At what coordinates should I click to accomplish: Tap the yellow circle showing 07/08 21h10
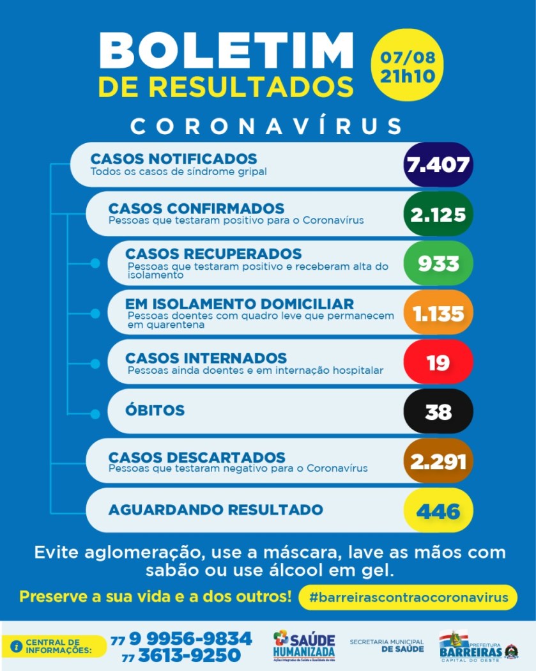tap(408, 65)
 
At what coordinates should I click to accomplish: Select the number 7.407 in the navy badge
tap(438, 165)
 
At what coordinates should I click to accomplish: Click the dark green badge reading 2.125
tap(438, 214)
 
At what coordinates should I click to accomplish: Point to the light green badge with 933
tap(438, 263)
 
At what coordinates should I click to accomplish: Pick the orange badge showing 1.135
tap(438, 313)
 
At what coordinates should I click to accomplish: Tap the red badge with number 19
tap(438, 362)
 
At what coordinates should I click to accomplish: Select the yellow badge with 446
tap(438, 511)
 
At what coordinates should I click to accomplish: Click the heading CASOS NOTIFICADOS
tap(174, 158)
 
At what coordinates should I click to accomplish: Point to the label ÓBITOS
tap(155, 410)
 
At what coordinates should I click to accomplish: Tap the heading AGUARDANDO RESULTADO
tap(216, 509)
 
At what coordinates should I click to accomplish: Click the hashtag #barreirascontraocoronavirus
tap(408, 598)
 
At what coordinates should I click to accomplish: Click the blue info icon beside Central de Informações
tap(17, 646)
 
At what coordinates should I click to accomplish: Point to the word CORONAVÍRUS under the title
tap(267, 126)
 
